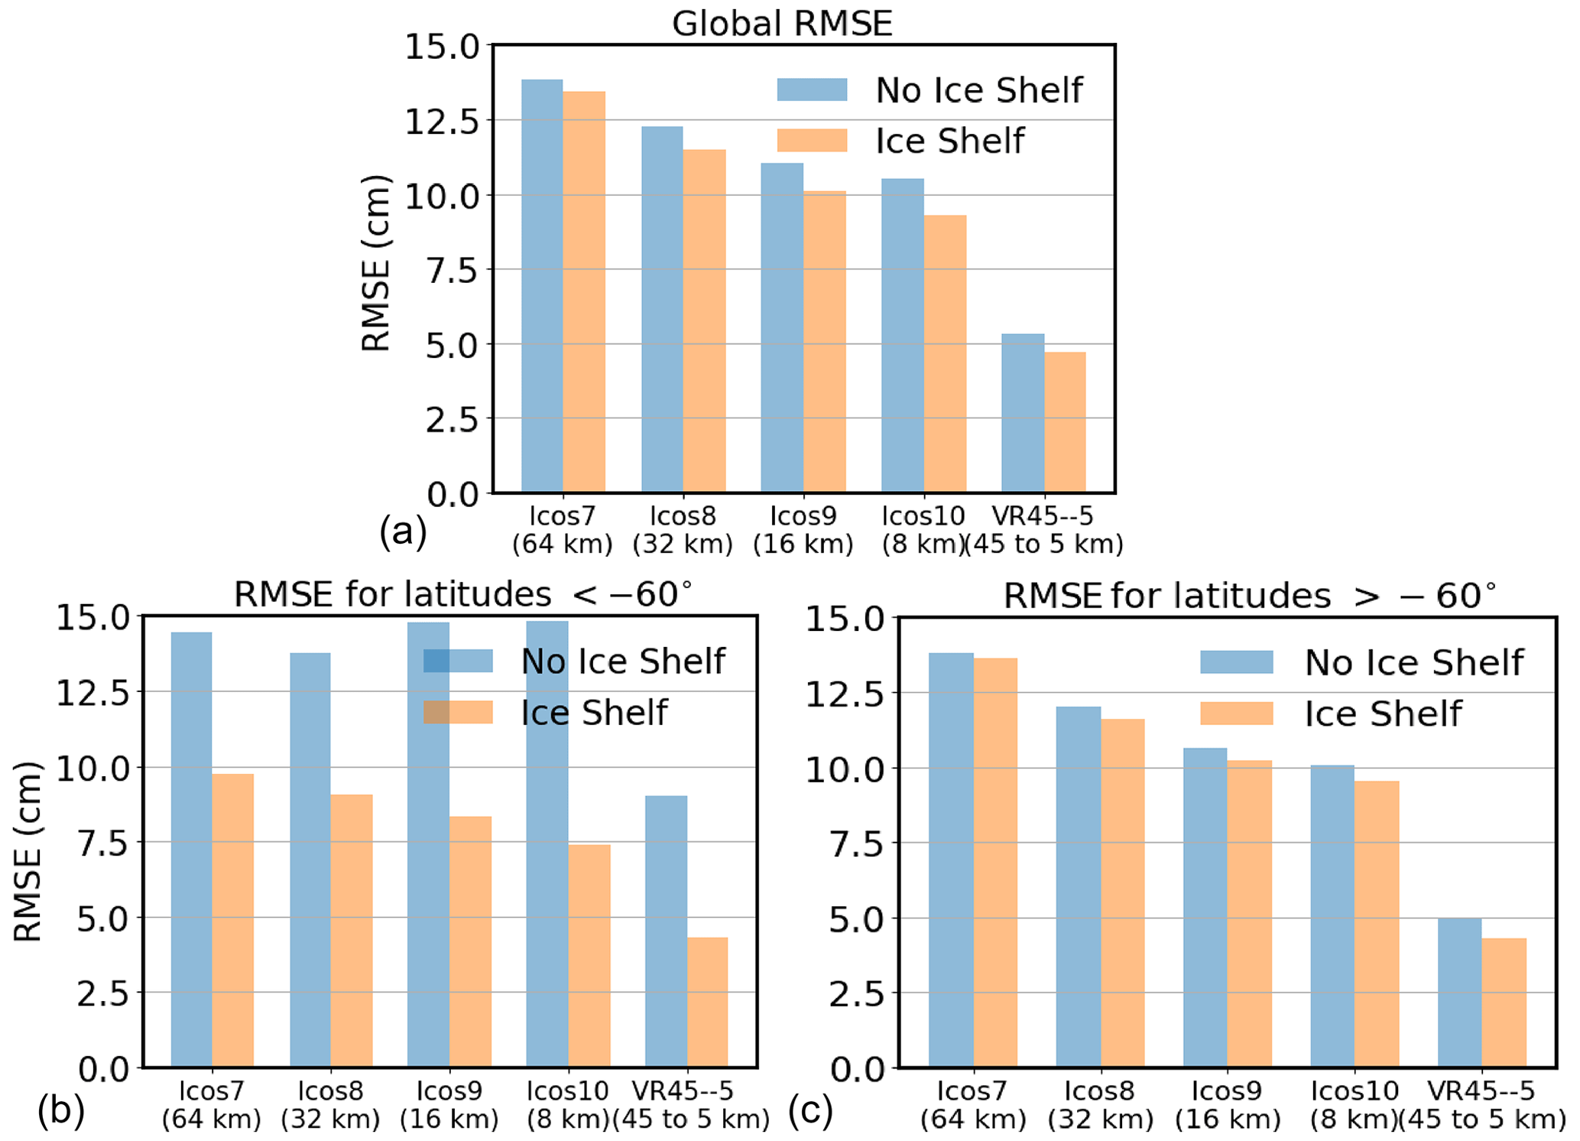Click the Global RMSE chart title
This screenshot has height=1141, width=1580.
[x=781, y=24]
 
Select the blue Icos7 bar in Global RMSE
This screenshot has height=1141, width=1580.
[x=542, y=286]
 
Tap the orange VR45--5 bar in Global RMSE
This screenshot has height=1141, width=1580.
[x=1065, y=422]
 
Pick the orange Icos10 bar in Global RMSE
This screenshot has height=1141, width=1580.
[x=945, y=354]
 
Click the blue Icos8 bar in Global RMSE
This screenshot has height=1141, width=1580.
[x=662, y=310]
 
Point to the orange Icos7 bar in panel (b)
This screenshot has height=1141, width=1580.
[x=233, y=921]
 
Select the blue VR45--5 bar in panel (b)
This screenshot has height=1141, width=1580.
[x=666, y=931]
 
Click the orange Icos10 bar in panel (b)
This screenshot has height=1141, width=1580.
[x=589, y=956]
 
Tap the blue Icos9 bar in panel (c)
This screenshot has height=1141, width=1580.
[x=1205, y=908]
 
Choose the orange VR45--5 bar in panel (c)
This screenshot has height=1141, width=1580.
[x=1504, y=1003]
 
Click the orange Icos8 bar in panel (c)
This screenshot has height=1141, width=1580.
[x=1122, y=893]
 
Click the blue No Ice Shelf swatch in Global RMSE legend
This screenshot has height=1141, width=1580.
[x=812, y=89]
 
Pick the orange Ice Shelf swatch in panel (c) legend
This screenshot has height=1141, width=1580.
[x=1236, y=714]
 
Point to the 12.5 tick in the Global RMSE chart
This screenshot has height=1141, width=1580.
[x=442, y=121]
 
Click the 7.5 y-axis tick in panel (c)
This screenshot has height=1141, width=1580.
[x=856, y=844]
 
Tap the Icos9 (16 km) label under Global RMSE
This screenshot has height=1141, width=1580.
[x=803, y=530]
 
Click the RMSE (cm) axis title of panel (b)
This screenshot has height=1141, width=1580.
[x=28, y=851]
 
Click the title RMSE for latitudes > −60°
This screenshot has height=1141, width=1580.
[x=1248, y=596]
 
